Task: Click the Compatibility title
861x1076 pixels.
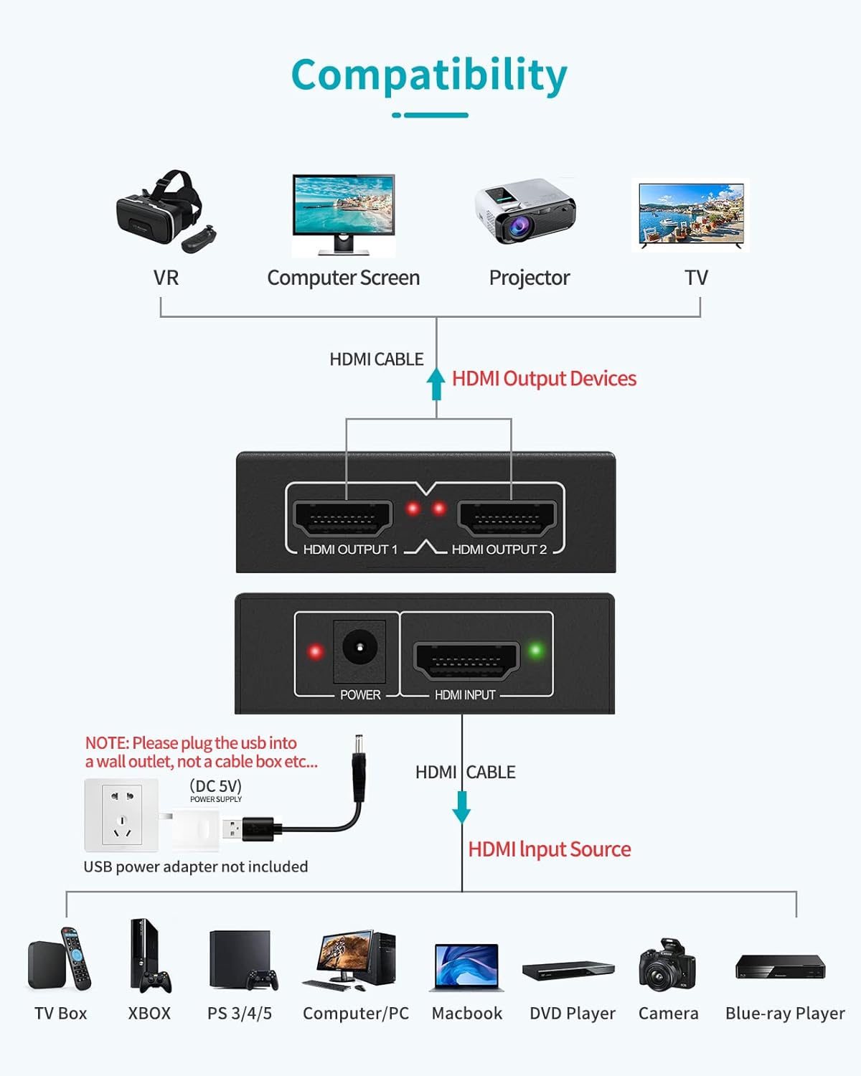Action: tap(429, 76)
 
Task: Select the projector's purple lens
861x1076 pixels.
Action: tap(519, 227)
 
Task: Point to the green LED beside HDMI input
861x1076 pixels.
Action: tap(536, 650)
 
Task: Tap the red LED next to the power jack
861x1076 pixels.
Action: tap(315, 651)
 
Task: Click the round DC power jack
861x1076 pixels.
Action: tap(359, 647)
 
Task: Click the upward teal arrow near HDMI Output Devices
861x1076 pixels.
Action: tap(436, 384)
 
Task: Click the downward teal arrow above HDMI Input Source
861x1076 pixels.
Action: tap(461, 807)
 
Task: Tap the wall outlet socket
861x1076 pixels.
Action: tap(121, 815)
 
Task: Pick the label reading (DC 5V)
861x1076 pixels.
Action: tap(216, 785)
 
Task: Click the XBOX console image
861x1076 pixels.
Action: tap(149, 956)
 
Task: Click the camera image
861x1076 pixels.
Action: tap(667, 965)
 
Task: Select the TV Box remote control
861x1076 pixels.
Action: tap(76, 958)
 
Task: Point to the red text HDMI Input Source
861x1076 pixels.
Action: tap(550, 849)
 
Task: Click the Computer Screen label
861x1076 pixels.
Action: tap(343, 278)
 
